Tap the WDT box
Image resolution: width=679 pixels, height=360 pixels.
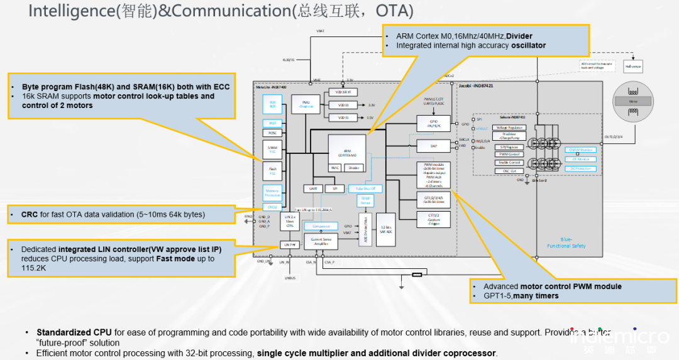pos(272,123)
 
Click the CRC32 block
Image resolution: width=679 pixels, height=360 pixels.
pos(272,207)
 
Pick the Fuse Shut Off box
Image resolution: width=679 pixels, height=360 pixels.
pos(365,188)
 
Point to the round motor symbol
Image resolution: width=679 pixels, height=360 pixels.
pos(634,101)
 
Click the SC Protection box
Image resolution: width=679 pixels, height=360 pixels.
pos(580,168)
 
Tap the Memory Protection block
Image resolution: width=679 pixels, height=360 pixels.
pos(272,193)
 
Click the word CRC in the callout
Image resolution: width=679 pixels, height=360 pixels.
pos(30,214)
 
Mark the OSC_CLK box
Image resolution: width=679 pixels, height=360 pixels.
pos(509,170)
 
